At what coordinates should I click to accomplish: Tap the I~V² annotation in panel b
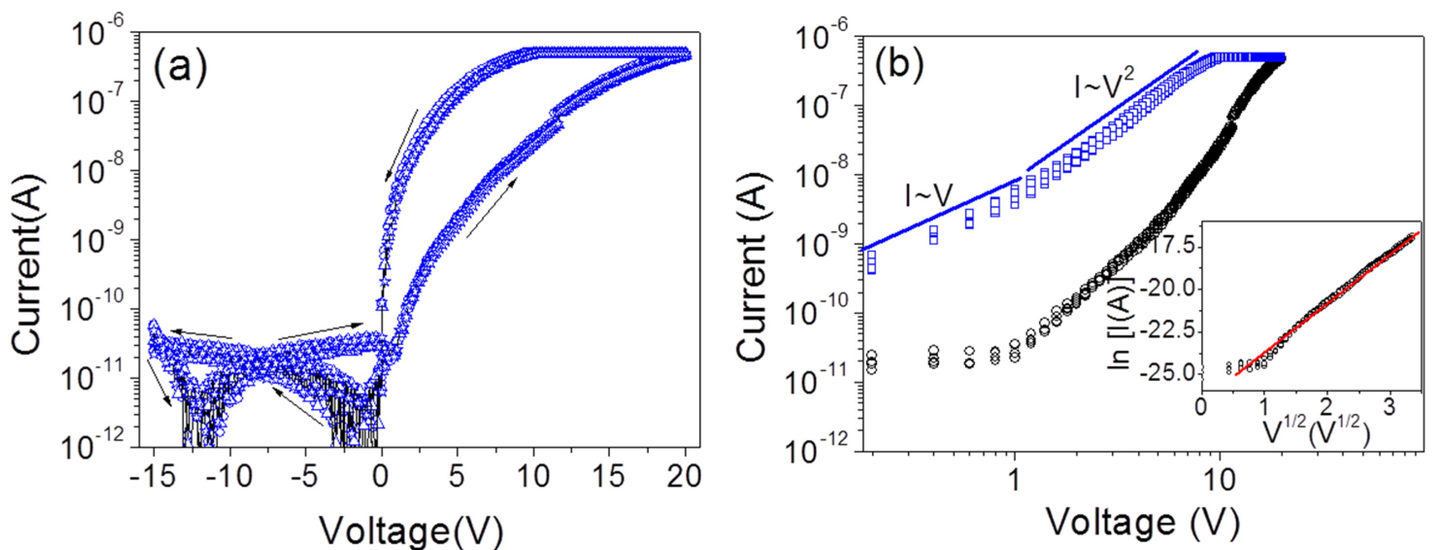pyautogui.click(x=1104, y=88)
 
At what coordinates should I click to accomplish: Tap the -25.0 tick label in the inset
pyautogui.click(x=1169, y=372)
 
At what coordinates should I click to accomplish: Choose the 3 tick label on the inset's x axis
pyautogui.click(x=1389, y=407)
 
